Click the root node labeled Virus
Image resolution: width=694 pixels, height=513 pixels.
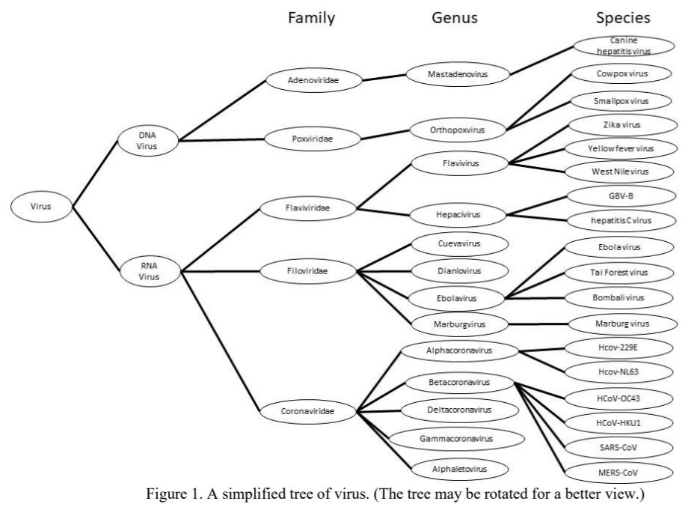click(41, 206)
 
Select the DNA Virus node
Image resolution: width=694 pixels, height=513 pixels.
click(148, 141)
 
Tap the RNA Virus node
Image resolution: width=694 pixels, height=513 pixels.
click(148, 270)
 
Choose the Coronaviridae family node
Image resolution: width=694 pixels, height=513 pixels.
click(307, 411)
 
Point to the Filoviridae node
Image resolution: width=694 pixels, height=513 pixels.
click(307, 272)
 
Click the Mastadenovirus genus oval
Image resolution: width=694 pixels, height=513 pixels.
click(457, 74)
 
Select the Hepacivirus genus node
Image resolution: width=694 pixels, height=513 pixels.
click(458, 215)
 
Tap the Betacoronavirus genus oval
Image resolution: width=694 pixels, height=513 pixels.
click(459, 383)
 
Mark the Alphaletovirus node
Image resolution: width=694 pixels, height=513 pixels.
click(460, 469)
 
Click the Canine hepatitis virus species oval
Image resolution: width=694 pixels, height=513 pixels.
click(624, 46)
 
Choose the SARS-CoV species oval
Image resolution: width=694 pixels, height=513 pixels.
click(617, 447)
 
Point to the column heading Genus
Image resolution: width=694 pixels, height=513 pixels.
click(455, 17)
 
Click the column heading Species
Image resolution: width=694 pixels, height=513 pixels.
click(622, 17)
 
